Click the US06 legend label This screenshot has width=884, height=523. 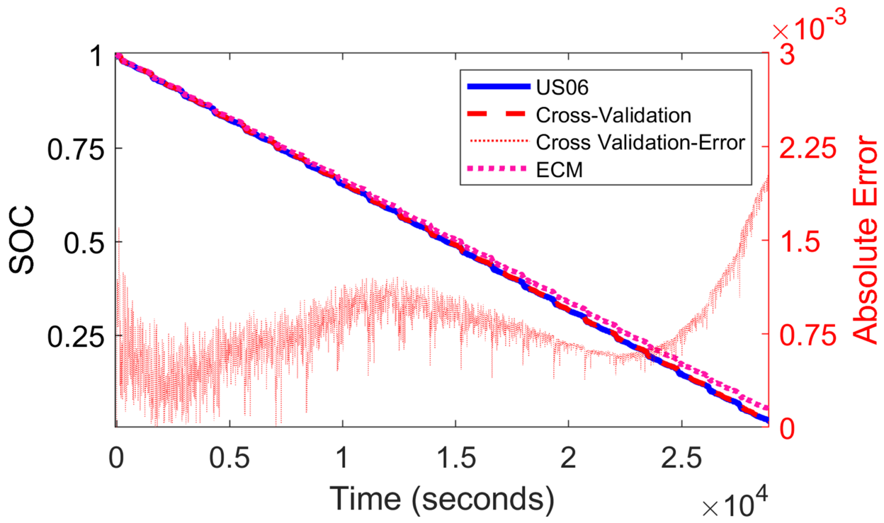[562, 87]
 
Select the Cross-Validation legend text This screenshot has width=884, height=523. [613, 115]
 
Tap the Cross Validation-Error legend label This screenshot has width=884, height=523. [640, 142]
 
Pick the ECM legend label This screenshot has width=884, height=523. [559, 170]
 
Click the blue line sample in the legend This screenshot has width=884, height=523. [498, 87]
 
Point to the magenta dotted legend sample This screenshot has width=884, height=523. [498, 169]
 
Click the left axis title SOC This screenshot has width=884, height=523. [22, 240]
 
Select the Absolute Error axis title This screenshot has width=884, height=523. [865, 240]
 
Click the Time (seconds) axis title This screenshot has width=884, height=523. [441, 498]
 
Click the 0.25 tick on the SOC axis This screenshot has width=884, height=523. [76, 336]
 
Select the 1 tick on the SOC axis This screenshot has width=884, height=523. [96, 56]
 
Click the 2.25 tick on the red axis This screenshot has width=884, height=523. [807, 148]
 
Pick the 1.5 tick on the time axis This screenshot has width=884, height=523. [456, 459]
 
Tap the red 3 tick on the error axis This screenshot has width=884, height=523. [787, 55]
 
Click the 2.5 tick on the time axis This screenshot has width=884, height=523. [681, 459]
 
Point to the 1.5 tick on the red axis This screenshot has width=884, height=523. [799, 242]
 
